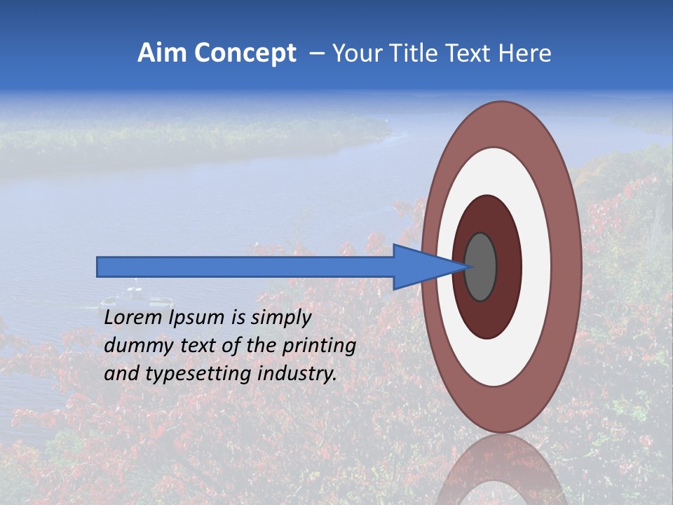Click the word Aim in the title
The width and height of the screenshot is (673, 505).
tap(162, 53)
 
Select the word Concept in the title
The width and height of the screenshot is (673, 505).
tap(245, 53)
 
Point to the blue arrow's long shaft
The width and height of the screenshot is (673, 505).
tap(245, 267)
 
